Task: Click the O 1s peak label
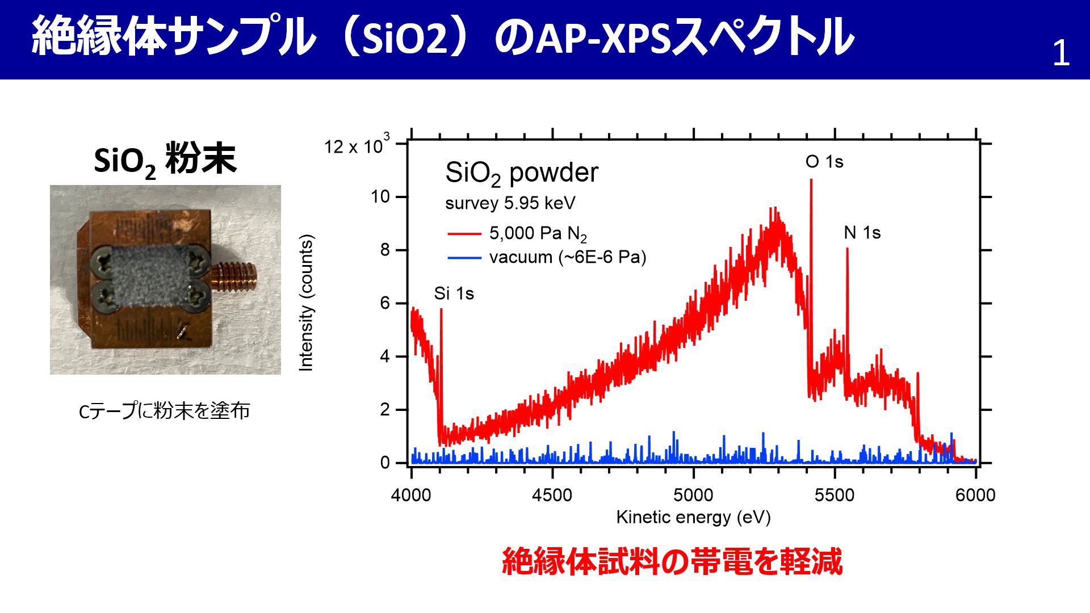coord(824,162)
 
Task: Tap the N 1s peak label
coord(862,233)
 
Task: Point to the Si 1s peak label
coord(454,293)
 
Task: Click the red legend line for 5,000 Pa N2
coord(464,233)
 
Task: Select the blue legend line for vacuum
coord(464,258)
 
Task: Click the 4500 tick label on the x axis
coord(552,495)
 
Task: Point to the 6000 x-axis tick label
coord(975,495)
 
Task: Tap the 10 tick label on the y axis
coord(380,197)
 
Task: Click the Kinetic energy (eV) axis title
coord(693,517)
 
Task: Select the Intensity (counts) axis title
coord(306,303)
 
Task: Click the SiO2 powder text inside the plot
coord(522,174)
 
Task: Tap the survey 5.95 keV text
coord(510,203)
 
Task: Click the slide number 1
coord(1061,53)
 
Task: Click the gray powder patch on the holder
coord(150,277)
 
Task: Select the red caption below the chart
coord(672,562)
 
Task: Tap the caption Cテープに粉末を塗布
coord(164,410)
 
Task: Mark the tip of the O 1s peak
coord(811,179)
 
